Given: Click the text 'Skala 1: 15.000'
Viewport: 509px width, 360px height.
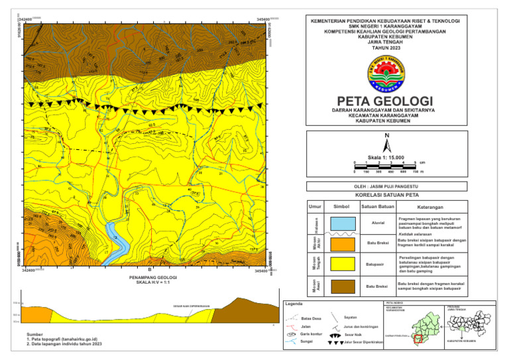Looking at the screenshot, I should point(387,157).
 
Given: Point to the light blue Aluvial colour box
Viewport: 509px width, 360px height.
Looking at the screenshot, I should point(343,223).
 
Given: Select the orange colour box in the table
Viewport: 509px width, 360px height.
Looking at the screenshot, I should point(343,243).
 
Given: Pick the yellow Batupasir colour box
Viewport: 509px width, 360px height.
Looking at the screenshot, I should point(343,263).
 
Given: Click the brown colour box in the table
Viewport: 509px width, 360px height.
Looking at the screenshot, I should point(343,286).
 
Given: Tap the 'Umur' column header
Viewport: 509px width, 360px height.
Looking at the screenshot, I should point(315,208).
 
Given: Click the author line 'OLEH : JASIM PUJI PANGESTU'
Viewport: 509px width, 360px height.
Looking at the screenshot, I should point(387,186).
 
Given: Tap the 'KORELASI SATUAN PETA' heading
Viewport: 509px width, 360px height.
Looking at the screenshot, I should point(387,196).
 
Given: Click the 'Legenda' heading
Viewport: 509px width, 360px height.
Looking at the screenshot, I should point(294,304).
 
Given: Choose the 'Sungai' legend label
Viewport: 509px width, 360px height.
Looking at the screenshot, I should point(307,343).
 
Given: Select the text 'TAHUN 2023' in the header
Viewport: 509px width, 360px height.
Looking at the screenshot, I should point(386,49).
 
